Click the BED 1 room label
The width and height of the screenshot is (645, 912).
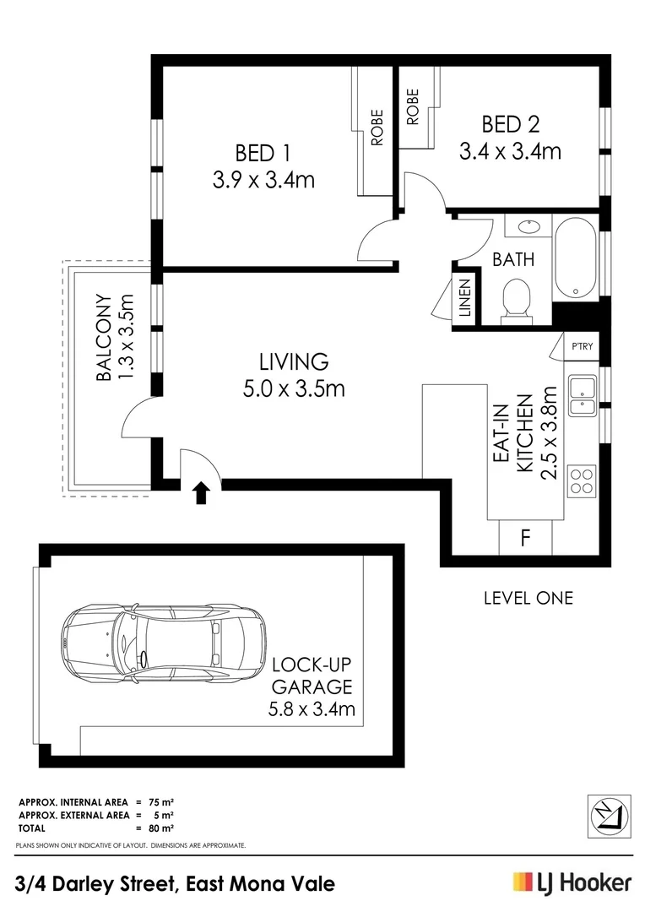point(263,154)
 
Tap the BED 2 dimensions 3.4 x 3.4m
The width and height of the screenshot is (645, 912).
point(510,152)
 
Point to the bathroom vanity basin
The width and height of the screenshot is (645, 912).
point(528,225)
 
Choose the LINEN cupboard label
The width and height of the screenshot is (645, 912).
point(465,298)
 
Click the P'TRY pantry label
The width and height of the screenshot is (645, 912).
point(582,346)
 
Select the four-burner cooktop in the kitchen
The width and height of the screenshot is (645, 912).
point(582,480)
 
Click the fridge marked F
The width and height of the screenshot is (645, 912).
point(525,538)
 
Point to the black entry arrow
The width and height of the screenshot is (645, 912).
point(201,493)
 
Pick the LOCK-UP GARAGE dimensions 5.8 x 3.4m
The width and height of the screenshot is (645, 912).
point(312,709)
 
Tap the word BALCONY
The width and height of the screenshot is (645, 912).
point(104,338)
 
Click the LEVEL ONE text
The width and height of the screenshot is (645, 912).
point(528,598)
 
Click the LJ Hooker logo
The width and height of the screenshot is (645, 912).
point(572,883)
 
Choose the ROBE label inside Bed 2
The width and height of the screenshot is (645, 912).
point(412,106)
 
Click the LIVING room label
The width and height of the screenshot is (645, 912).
point(294,361)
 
